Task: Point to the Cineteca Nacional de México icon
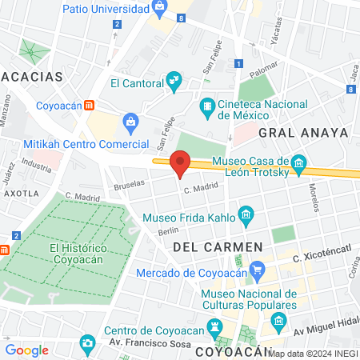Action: tap(207, 106)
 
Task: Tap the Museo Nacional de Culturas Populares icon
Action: tap(278, 323)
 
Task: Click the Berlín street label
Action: tap(168, 231)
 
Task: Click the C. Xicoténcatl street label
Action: tap(322, 258)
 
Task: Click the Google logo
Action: tap(26, 350)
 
